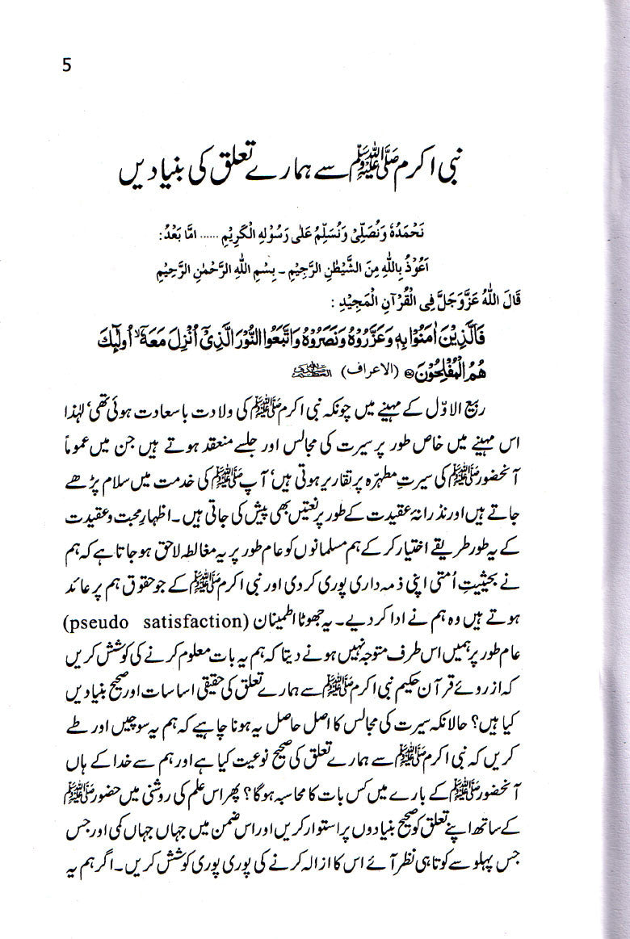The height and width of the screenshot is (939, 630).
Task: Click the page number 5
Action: pos(65,65)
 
